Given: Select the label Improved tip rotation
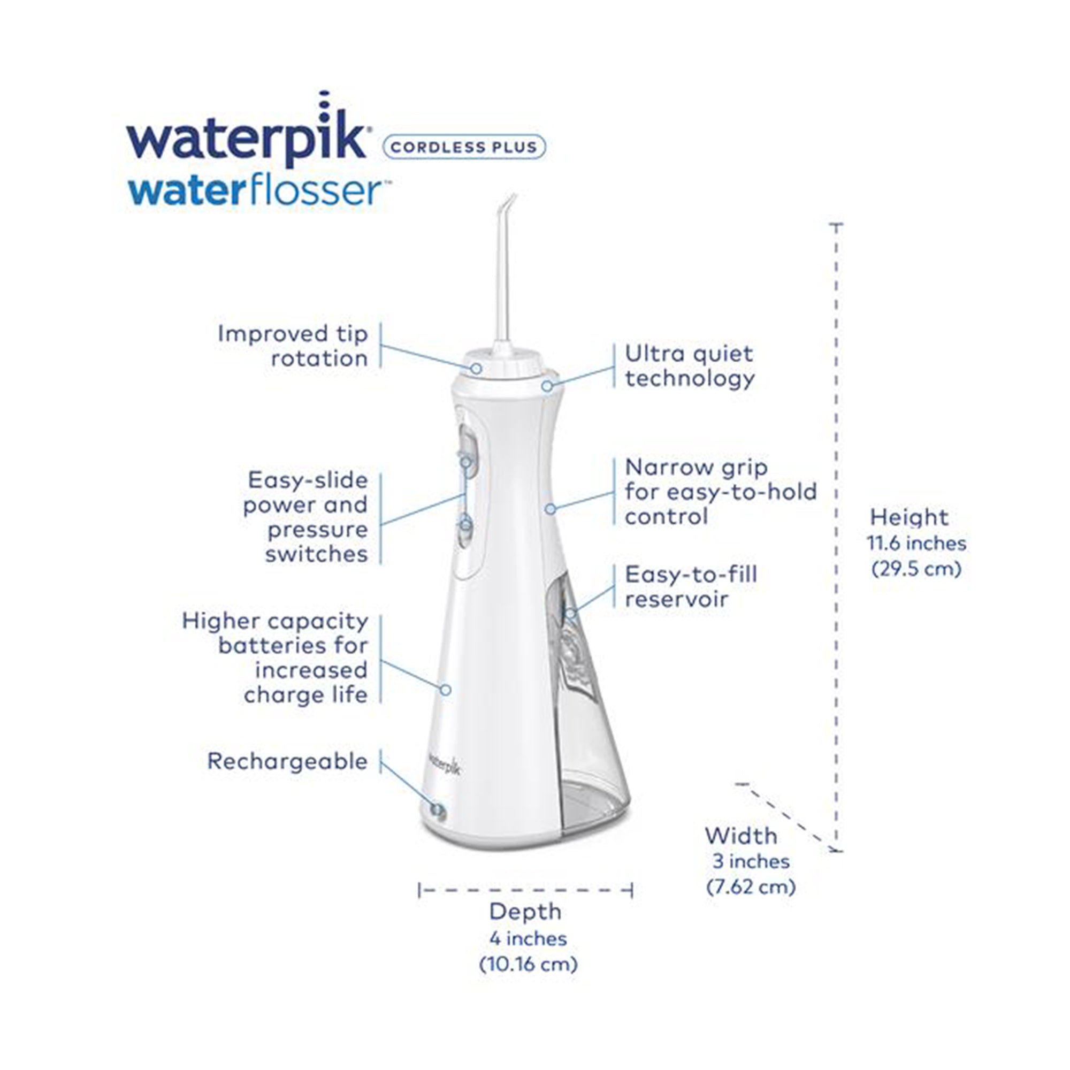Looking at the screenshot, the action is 293,346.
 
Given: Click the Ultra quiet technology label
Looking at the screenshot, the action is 690,365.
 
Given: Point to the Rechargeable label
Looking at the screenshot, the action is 287,761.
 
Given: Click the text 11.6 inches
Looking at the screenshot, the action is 916,544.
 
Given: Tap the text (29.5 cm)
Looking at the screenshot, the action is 916,569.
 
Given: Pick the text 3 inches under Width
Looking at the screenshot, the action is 751,861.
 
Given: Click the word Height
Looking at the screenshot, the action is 909,517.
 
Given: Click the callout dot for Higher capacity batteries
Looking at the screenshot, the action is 446,690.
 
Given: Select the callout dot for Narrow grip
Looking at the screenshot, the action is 550,508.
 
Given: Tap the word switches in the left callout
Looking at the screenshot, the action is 316,554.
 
